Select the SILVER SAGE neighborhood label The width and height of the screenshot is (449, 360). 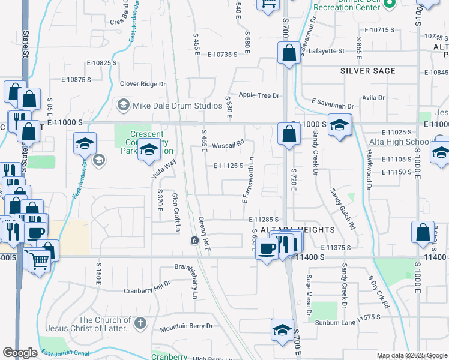(368, 71)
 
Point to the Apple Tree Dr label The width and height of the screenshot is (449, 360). (259, 95)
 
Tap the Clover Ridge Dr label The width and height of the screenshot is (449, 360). (142, 84)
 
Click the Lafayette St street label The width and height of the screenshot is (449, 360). (326, 51)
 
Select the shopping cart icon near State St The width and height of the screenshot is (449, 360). (39, 261)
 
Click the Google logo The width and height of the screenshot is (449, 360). (20, 353)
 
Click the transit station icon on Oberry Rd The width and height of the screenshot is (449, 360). (194, 241)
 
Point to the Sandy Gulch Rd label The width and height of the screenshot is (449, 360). (342, 209)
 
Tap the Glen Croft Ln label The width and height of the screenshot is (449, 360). (176, 212)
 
